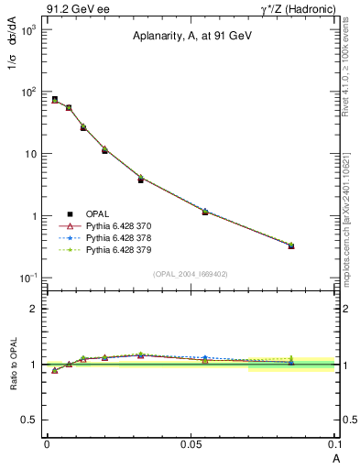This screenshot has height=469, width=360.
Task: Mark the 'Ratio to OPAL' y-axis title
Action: tap(14, 364)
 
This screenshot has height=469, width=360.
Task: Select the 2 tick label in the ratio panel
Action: tap(35, 309)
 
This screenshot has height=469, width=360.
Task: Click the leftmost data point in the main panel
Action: tap(55, 100)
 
